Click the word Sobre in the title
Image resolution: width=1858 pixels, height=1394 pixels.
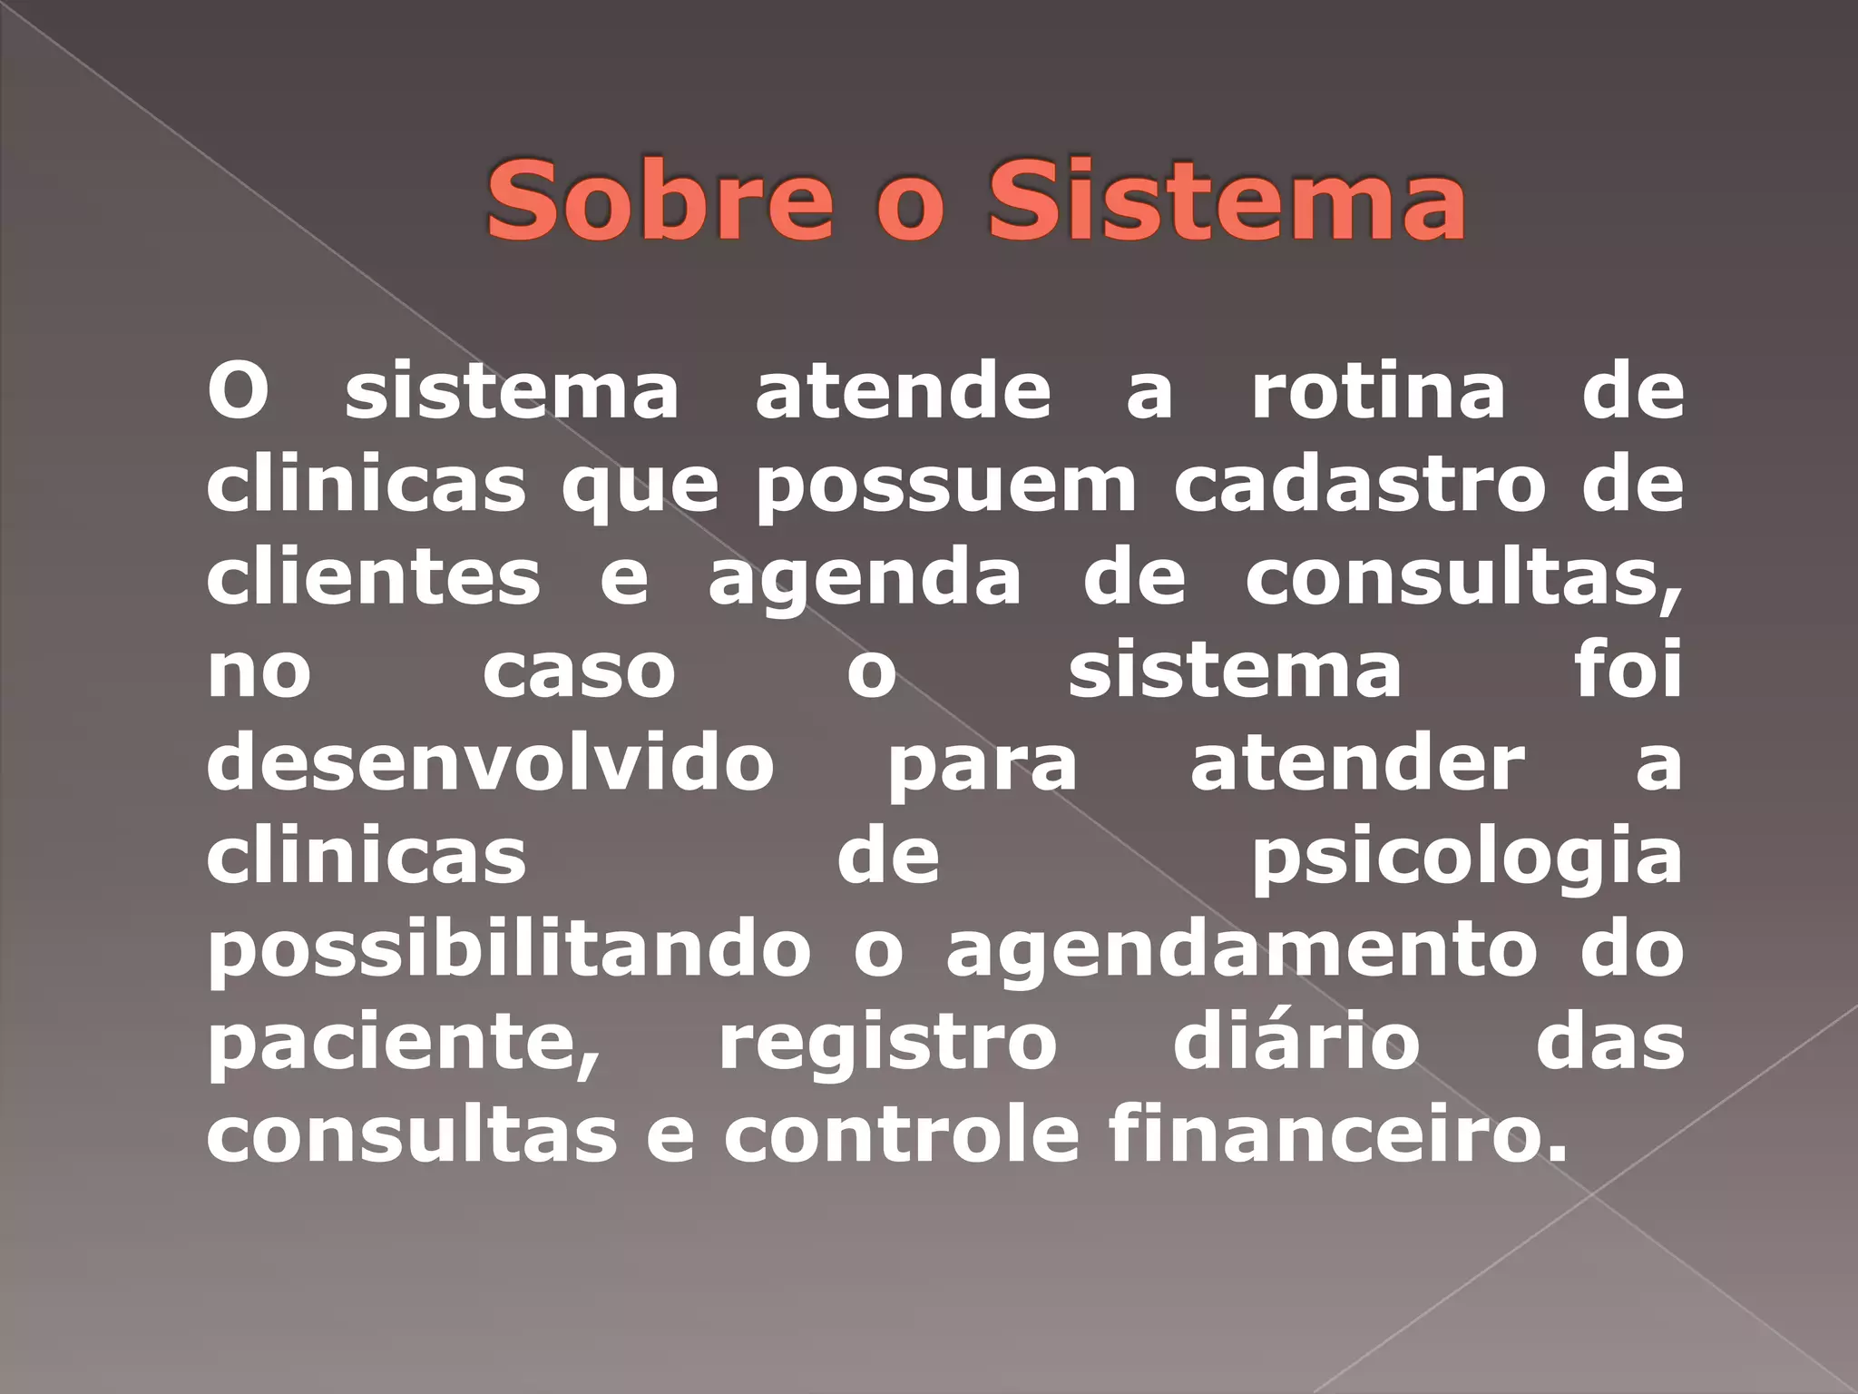pyautogui.click(x=659, y=201)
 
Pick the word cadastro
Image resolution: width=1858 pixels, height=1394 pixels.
pyautogui.click(x=1359, y=485)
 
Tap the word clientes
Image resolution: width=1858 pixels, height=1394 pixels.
pyautogui.click(x=373, y=578)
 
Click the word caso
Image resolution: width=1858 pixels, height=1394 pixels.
pyautogui.click(x=579, y=672)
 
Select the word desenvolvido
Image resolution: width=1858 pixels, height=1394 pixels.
pyautogui.click(x=490, y=764)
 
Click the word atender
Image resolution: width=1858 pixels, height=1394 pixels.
pyautogui.click(x=1357, y=764)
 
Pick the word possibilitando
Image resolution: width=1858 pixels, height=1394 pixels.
pyautogui.click(x=508, y=951)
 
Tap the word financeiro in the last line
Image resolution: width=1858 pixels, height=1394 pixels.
pyautogui.click(x=1337, y=1136)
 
